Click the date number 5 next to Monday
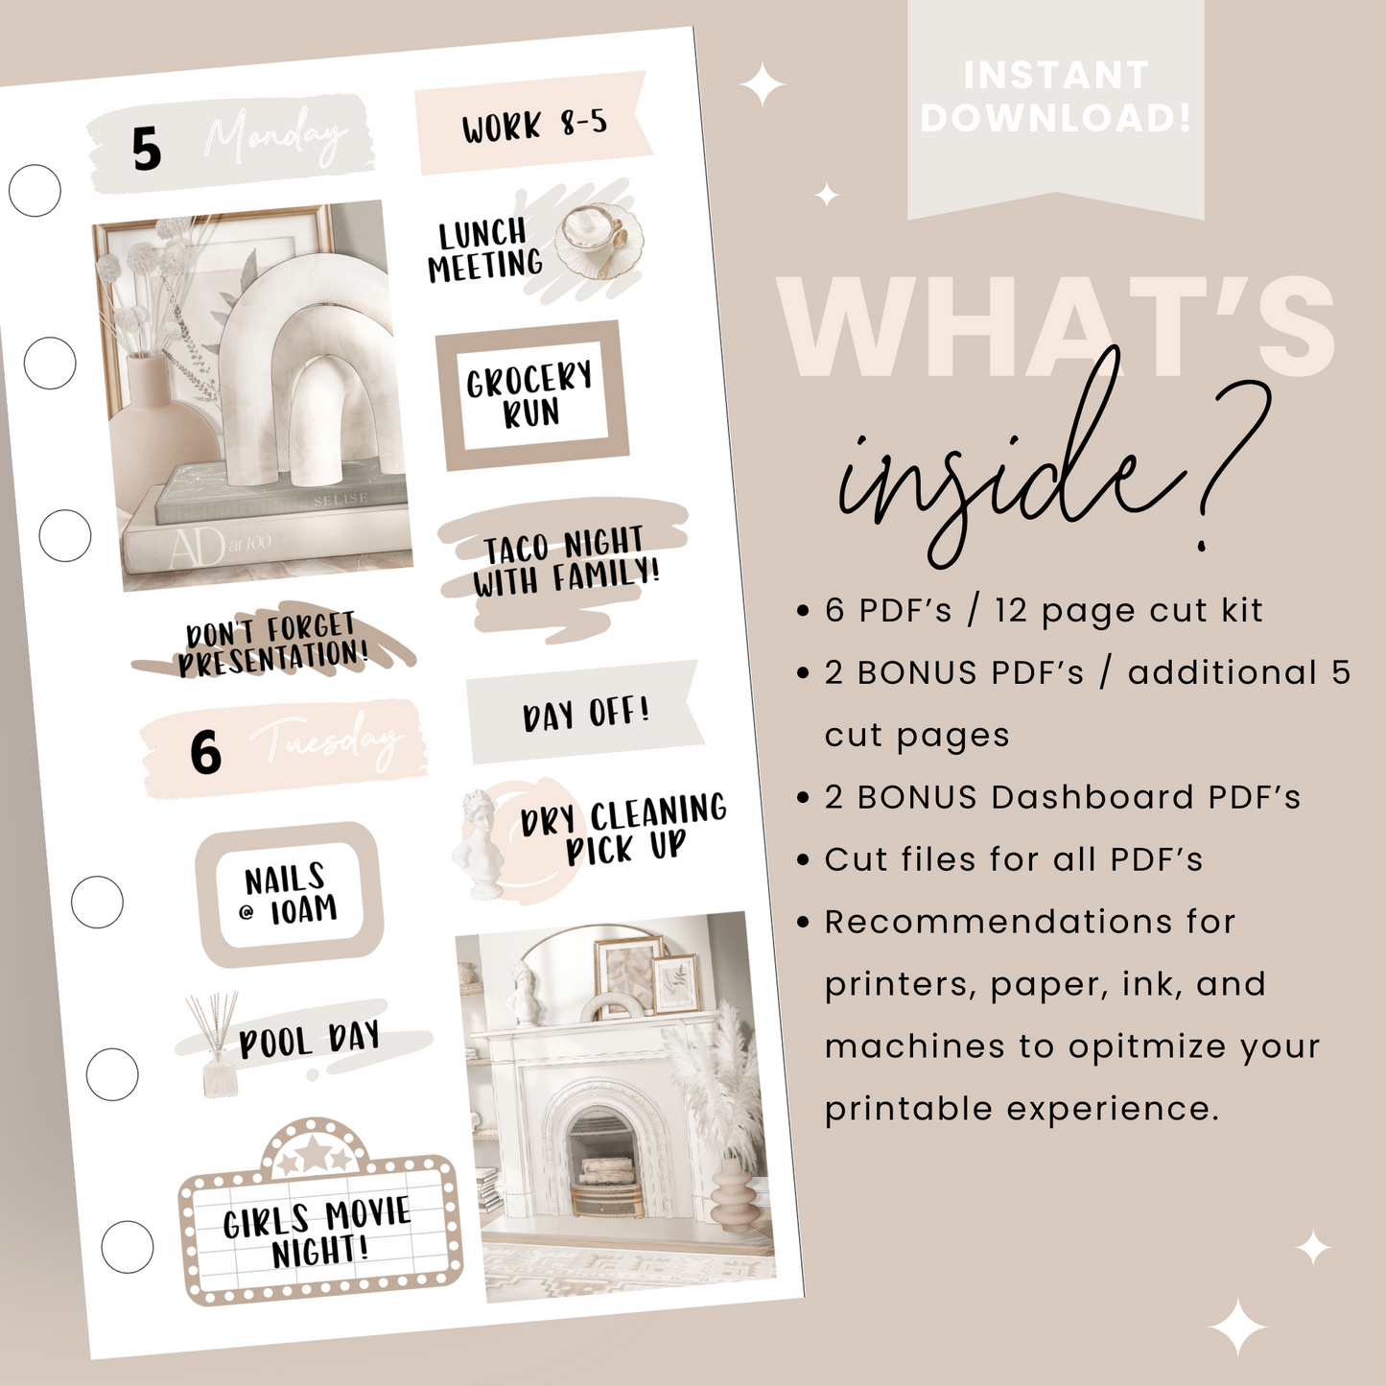146,150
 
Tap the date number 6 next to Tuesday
205,752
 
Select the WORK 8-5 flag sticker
533,125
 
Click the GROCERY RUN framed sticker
530,395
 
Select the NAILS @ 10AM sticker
289,894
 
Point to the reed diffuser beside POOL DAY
216,1045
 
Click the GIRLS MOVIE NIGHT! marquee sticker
318,1228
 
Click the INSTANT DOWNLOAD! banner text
1055,96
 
